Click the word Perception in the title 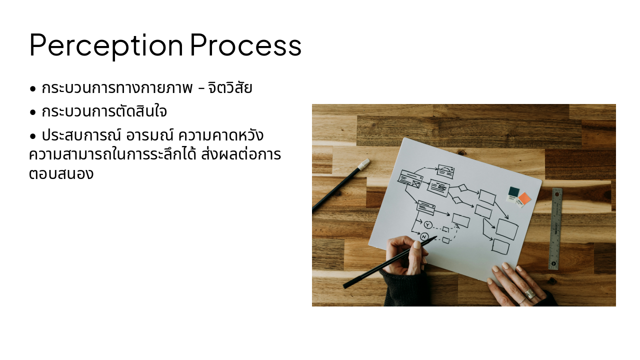coord(106,45)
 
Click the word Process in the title coord(245,45)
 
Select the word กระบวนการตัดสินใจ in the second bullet coord(104,111)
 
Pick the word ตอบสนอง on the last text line coord(61,174)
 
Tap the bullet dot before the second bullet coord(33,112)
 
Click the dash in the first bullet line coord(200,89)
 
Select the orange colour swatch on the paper coord(524,198)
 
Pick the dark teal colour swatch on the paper coord(513,191)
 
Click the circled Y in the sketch coord(427,224)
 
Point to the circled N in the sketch coord(424,236)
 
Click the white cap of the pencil coord(364,163)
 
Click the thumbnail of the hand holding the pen coord(417,245)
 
